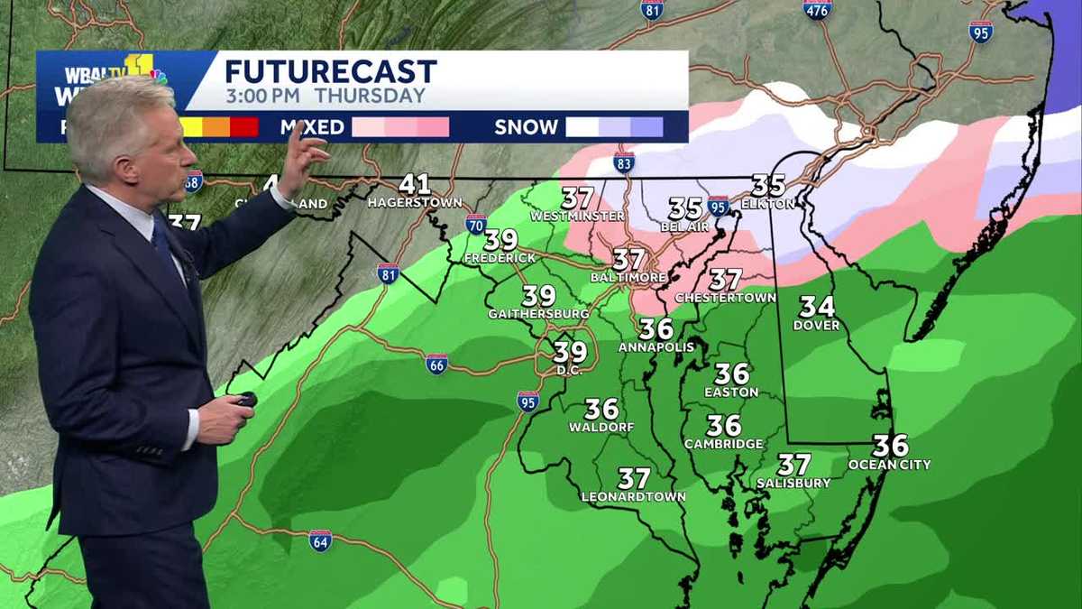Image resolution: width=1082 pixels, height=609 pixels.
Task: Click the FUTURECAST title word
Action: [x=330, y=71]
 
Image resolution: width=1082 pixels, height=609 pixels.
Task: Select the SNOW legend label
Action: [x=526, y=127]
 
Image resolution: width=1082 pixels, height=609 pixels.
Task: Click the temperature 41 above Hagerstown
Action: [x=415, y=184]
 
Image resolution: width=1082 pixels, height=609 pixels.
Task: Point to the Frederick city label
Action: [x=500, y=258]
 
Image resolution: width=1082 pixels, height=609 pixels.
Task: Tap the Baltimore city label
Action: [x=628, y=277]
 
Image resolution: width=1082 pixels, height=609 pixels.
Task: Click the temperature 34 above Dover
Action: [x=817, y=307]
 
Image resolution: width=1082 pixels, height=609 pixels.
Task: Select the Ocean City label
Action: [x=889, y=465]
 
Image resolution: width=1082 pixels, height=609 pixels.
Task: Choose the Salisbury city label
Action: [x=793, y=484]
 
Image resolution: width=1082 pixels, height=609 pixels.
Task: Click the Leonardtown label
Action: [x=633, y=497]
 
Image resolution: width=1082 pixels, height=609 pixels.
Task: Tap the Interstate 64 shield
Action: [x=320, y=540]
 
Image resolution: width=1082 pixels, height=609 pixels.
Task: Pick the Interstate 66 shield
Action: [x=436, y=364]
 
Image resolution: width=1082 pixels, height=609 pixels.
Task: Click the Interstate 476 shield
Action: [x=817, y=10]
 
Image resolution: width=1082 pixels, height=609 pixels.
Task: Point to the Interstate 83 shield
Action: [x=623, y=162]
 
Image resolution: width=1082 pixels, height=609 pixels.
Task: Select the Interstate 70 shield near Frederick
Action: [x=476, y=224]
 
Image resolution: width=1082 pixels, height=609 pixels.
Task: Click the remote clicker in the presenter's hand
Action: [x=244, y=400]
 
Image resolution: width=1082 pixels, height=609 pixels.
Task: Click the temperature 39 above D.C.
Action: [x=570, y=351]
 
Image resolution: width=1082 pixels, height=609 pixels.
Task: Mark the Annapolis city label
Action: [x=656, y=346]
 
